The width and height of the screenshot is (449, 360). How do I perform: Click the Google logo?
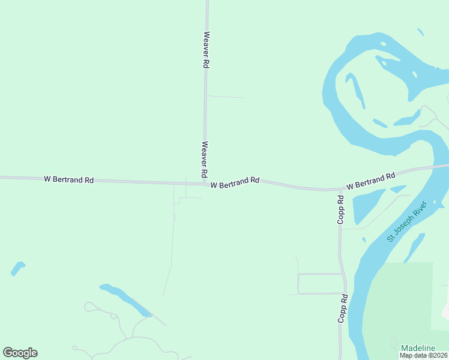(x=20, y=353)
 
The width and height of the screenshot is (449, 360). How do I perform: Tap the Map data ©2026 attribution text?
(x=423, y=355)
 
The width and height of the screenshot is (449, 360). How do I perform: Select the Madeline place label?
(x=418, y=348)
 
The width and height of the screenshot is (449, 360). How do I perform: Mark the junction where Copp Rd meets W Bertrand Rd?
(x=340, y=190)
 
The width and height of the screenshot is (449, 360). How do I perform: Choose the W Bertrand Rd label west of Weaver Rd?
(x=69, y=179)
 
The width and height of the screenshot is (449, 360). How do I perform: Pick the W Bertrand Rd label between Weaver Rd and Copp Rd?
(x=235, y=182)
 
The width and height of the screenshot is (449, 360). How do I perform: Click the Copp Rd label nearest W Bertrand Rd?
(x=340, y=210)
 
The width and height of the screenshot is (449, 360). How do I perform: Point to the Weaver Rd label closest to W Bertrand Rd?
(x=205, y=158)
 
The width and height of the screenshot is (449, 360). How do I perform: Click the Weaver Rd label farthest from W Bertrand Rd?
(x=206, y=49)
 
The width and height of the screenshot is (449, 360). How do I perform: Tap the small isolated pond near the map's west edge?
(x=18, y=268)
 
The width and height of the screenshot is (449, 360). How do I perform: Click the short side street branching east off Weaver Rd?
(x=225, y=97)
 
